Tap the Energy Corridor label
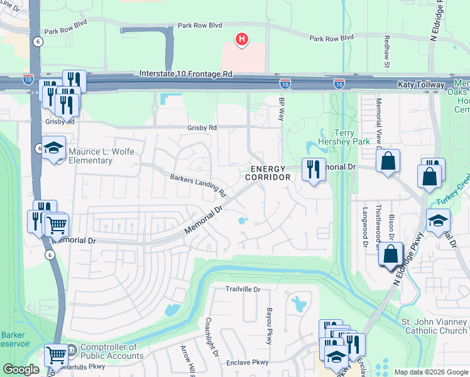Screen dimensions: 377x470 point(268,173)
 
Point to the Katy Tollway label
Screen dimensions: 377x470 point(420,84)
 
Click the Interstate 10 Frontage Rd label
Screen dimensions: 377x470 point(186,74)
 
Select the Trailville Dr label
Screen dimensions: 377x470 point(243,289)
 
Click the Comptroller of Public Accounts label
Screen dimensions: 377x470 point(108,351)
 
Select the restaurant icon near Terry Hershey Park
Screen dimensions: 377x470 point(312,168)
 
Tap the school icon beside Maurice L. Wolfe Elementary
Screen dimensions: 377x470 point(54,148)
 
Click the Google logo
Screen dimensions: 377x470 point(21,369)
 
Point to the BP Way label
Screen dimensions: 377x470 point(281,112)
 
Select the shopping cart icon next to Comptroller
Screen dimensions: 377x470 point(56,355)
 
